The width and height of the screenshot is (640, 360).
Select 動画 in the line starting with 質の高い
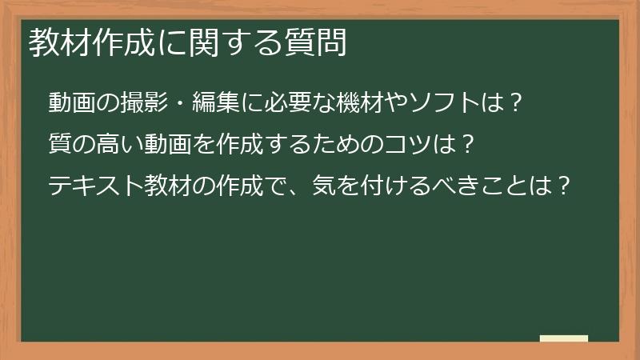156,145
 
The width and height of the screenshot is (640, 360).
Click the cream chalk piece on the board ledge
564,338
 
